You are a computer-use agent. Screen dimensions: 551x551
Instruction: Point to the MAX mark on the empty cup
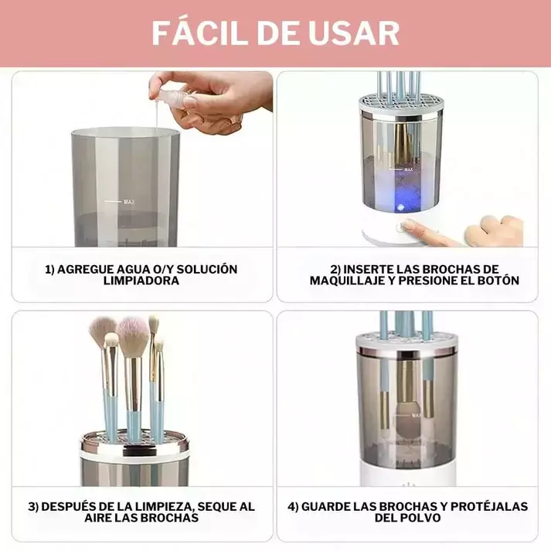[128, 202]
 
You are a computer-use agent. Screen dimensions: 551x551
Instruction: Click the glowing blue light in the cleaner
[403, 207]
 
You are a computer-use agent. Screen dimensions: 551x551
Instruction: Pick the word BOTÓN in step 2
[496, 281]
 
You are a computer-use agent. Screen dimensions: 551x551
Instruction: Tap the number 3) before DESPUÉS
[33, 507]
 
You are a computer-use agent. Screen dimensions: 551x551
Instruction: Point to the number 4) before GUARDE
[293, 507]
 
